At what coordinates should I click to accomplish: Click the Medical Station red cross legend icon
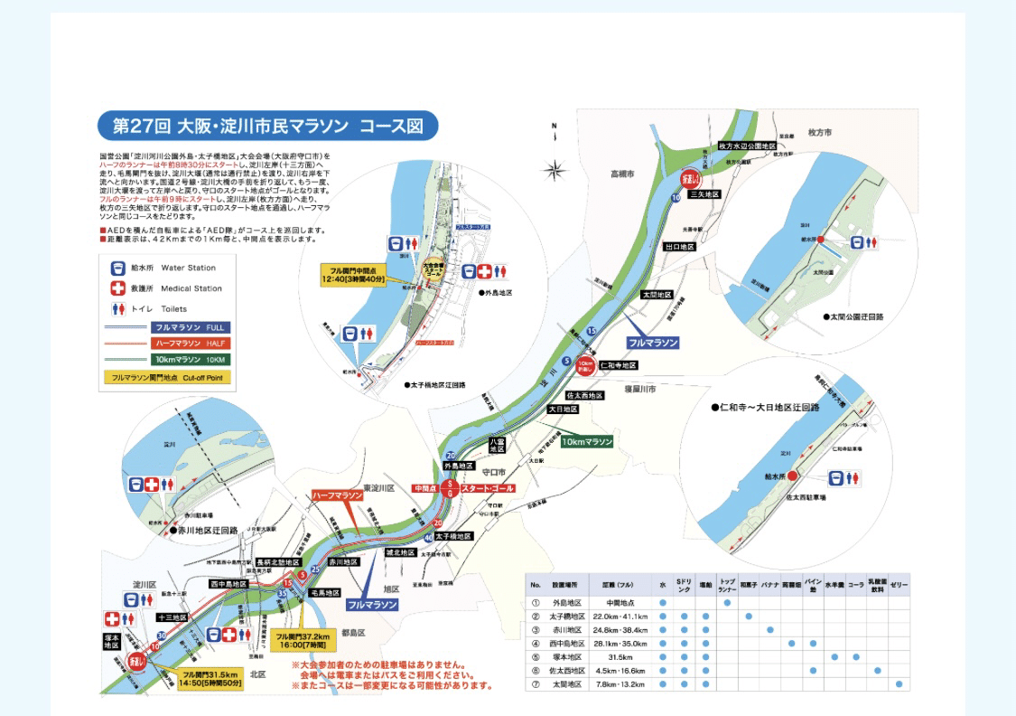(x=117, y=288)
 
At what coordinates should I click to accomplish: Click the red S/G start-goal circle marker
(x=449, y=488)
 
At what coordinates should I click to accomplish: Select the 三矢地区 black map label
(x=704, y=193)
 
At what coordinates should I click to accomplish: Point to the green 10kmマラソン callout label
(x=587, y=442)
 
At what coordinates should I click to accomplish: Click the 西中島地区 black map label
(x=229, y=584)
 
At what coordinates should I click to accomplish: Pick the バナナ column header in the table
(x=770, y=585)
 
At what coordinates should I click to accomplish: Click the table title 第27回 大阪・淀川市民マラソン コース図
(x=268, y=126)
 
